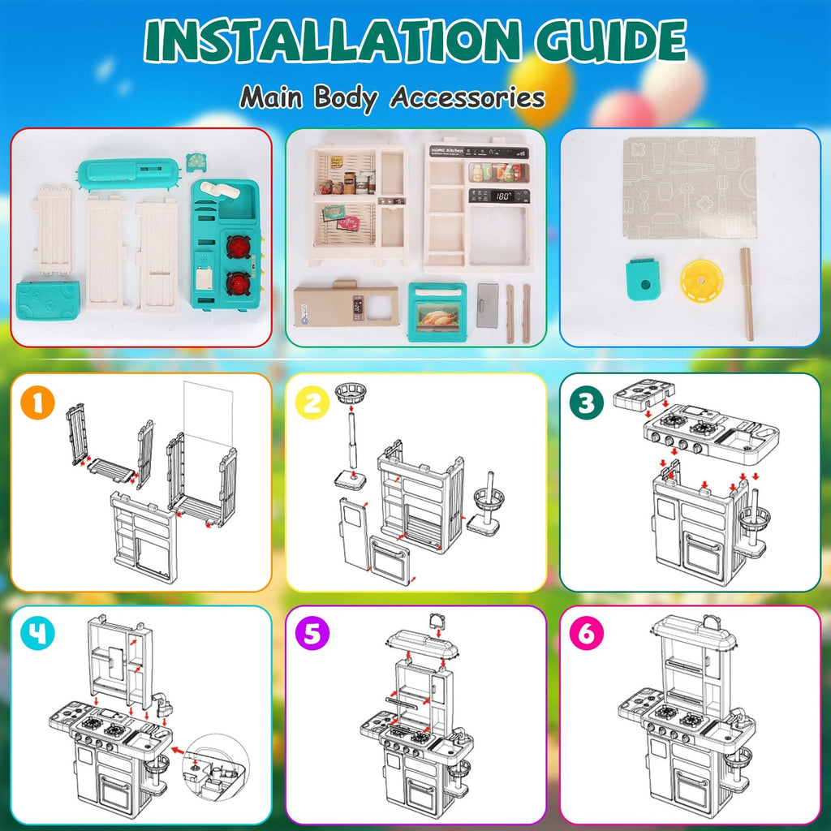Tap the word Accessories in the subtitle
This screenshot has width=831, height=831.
[467, 97]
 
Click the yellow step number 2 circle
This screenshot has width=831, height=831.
[312, 403]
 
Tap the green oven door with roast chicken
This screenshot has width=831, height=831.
[437, 312]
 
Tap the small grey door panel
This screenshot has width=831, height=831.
[487, 304]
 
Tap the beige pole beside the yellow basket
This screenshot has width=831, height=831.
[747, 294]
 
